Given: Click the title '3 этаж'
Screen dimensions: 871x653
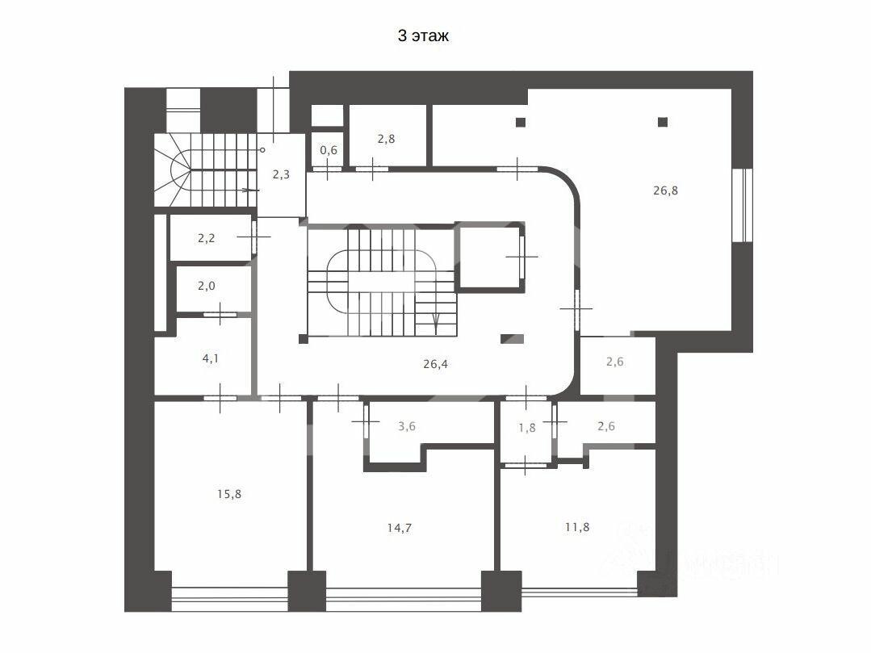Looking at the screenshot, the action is (423, 36).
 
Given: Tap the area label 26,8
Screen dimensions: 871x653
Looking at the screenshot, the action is (665, 190).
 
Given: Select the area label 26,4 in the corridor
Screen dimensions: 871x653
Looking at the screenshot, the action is (436, 364).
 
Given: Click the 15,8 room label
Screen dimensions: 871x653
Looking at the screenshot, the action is (229, 494).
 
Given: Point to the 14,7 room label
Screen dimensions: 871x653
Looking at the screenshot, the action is (400, 528).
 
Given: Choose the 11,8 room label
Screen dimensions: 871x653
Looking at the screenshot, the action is (577, 527).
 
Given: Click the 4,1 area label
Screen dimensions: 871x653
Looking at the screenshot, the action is (210, 358).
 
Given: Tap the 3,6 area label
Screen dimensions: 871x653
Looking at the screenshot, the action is (407, 426).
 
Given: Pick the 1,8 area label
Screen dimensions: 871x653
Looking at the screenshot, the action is (527, 428).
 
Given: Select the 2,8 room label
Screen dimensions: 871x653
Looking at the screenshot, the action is (386, 139).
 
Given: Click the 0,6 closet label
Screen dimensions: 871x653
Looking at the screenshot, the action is (329, 150).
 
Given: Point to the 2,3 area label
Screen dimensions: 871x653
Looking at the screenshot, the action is (281, 174).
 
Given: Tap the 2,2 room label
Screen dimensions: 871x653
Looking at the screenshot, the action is (206, 238).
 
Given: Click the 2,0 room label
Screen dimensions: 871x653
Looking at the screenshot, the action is (206, 286).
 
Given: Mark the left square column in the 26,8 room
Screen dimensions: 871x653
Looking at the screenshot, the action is (521, 122).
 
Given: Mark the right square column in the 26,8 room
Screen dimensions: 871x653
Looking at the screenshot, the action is (662, 122).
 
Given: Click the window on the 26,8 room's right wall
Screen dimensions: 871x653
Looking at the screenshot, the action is (742, 205).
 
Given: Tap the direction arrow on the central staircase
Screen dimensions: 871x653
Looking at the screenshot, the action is (436, 322).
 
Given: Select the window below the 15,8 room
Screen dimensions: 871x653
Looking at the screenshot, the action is (229, 600).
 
